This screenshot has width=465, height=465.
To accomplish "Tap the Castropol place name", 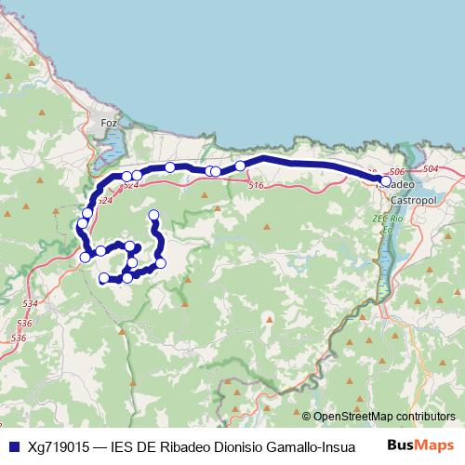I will click(407, 200).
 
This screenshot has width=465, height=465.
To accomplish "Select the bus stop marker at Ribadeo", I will click(386, 181).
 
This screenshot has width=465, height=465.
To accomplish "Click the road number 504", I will click(430, 169).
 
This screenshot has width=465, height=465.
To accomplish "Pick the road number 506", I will click(396, 173).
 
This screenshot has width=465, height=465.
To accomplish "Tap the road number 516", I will click(257, 186).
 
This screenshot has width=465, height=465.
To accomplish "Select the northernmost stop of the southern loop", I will click(153, 216).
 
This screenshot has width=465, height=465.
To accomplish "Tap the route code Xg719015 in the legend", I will click(59, 446).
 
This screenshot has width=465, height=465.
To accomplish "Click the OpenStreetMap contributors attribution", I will click(384, 417).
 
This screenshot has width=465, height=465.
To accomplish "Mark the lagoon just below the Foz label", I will click(113, 144).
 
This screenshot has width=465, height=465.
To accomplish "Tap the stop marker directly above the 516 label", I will click(240, 166).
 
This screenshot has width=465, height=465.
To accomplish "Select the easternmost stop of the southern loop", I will click(161, 263).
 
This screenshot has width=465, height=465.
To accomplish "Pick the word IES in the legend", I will click(122, 446).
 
